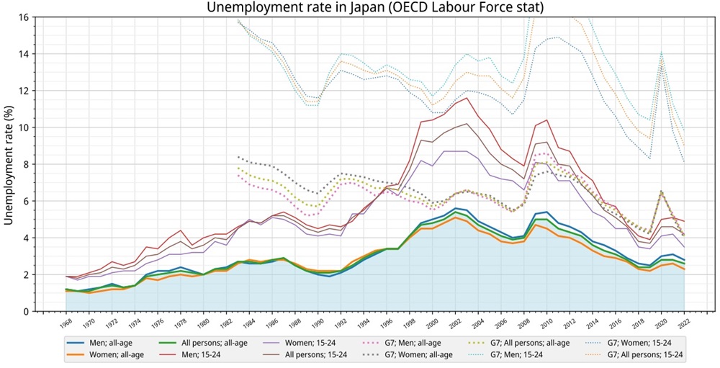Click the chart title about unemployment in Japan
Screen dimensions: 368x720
(374, 7)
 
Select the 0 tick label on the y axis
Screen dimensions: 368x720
(26, 312)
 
